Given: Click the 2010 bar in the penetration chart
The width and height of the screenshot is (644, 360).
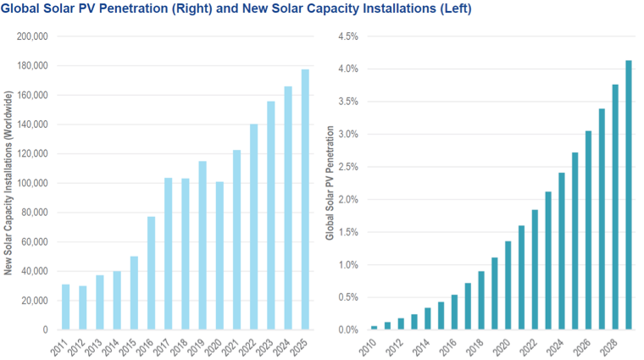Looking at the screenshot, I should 374,327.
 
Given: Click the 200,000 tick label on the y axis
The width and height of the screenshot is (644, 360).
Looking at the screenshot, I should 31,37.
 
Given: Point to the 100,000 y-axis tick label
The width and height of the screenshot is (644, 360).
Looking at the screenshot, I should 31,183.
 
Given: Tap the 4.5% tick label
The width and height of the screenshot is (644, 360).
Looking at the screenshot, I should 347,37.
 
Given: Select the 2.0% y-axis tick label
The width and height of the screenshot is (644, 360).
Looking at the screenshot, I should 347,200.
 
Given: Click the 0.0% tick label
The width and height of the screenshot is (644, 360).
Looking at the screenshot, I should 347,330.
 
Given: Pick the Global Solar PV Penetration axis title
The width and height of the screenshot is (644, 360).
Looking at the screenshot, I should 330,184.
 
